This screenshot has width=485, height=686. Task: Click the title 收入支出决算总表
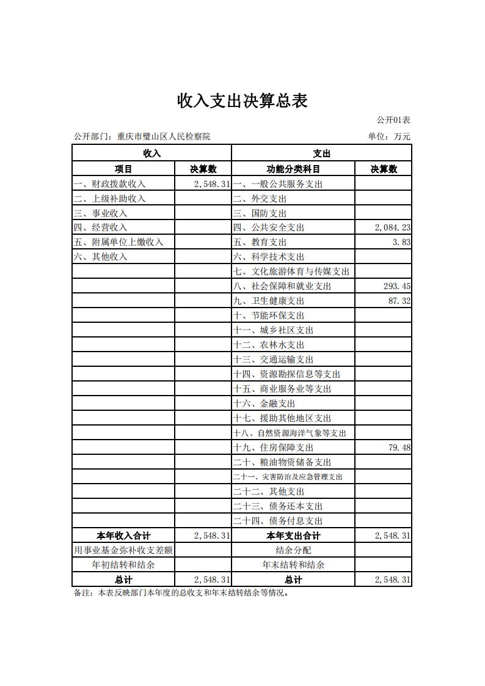242,101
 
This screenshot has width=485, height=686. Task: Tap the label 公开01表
393,120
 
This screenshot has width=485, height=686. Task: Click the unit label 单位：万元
388,136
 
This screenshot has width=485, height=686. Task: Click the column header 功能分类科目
293,169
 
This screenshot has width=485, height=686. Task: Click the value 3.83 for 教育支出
401,242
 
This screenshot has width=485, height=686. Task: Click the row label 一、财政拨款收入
110,184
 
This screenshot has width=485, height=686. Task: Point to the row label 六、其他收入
101,257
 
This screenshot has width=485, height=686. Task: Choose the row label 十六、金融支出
264,404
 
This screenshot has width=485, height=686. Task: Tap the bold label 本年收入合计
123,536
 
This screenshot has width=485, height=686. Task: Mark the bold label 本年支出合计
293,536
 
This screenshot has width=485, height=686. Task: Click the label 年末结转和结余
293,565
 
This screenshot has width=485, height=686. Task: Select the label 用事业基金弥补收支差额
123,550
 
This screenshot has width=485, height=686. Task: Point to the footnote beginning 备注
181,592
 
